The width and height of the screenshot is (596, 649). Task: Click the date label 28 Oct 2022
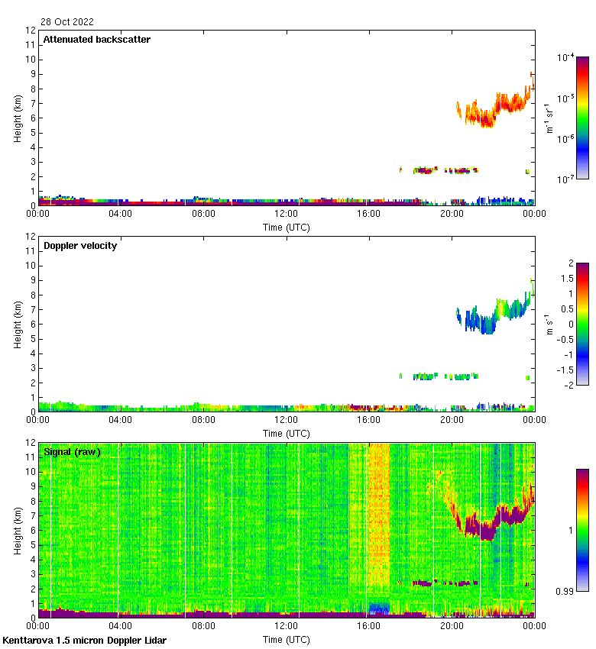[x=68, y=22]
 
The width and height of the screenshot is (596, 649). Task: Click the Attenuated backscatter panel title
[x=97, y=40]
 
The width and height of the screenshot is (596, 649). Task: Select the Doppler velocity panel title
[x=80, y=246]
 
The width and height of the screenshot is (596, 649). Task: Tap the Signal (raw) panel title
[x=72, y=452]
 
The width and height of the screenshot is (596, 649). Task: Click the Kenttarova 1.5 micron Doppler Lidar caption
[x=84, y=641]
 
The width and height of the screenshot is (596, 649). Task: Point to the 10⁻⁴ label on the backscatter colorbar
[x=566, y=58]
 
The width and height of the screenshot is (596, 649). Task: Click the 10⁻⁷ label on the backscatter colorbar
[x=566, y=179]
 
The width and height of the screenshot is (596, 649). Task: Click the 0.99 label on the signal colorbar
[x=565, y=590]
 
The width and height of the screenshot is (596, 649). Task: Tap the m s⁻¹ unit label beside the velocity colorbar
[x=549, y=323]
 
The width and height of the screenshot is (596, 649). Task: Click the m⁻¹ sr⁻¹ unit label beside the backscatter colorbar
[x=549, y=118]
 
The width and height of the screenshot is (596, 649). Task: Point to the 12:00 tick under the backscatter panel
[x=286, y=215]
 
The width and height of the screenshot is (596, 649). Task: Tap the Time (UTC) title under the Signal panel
[x=287, y=639]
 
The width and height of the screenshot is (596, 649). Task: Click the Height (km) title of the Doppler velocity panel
[x=17, y=324]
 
